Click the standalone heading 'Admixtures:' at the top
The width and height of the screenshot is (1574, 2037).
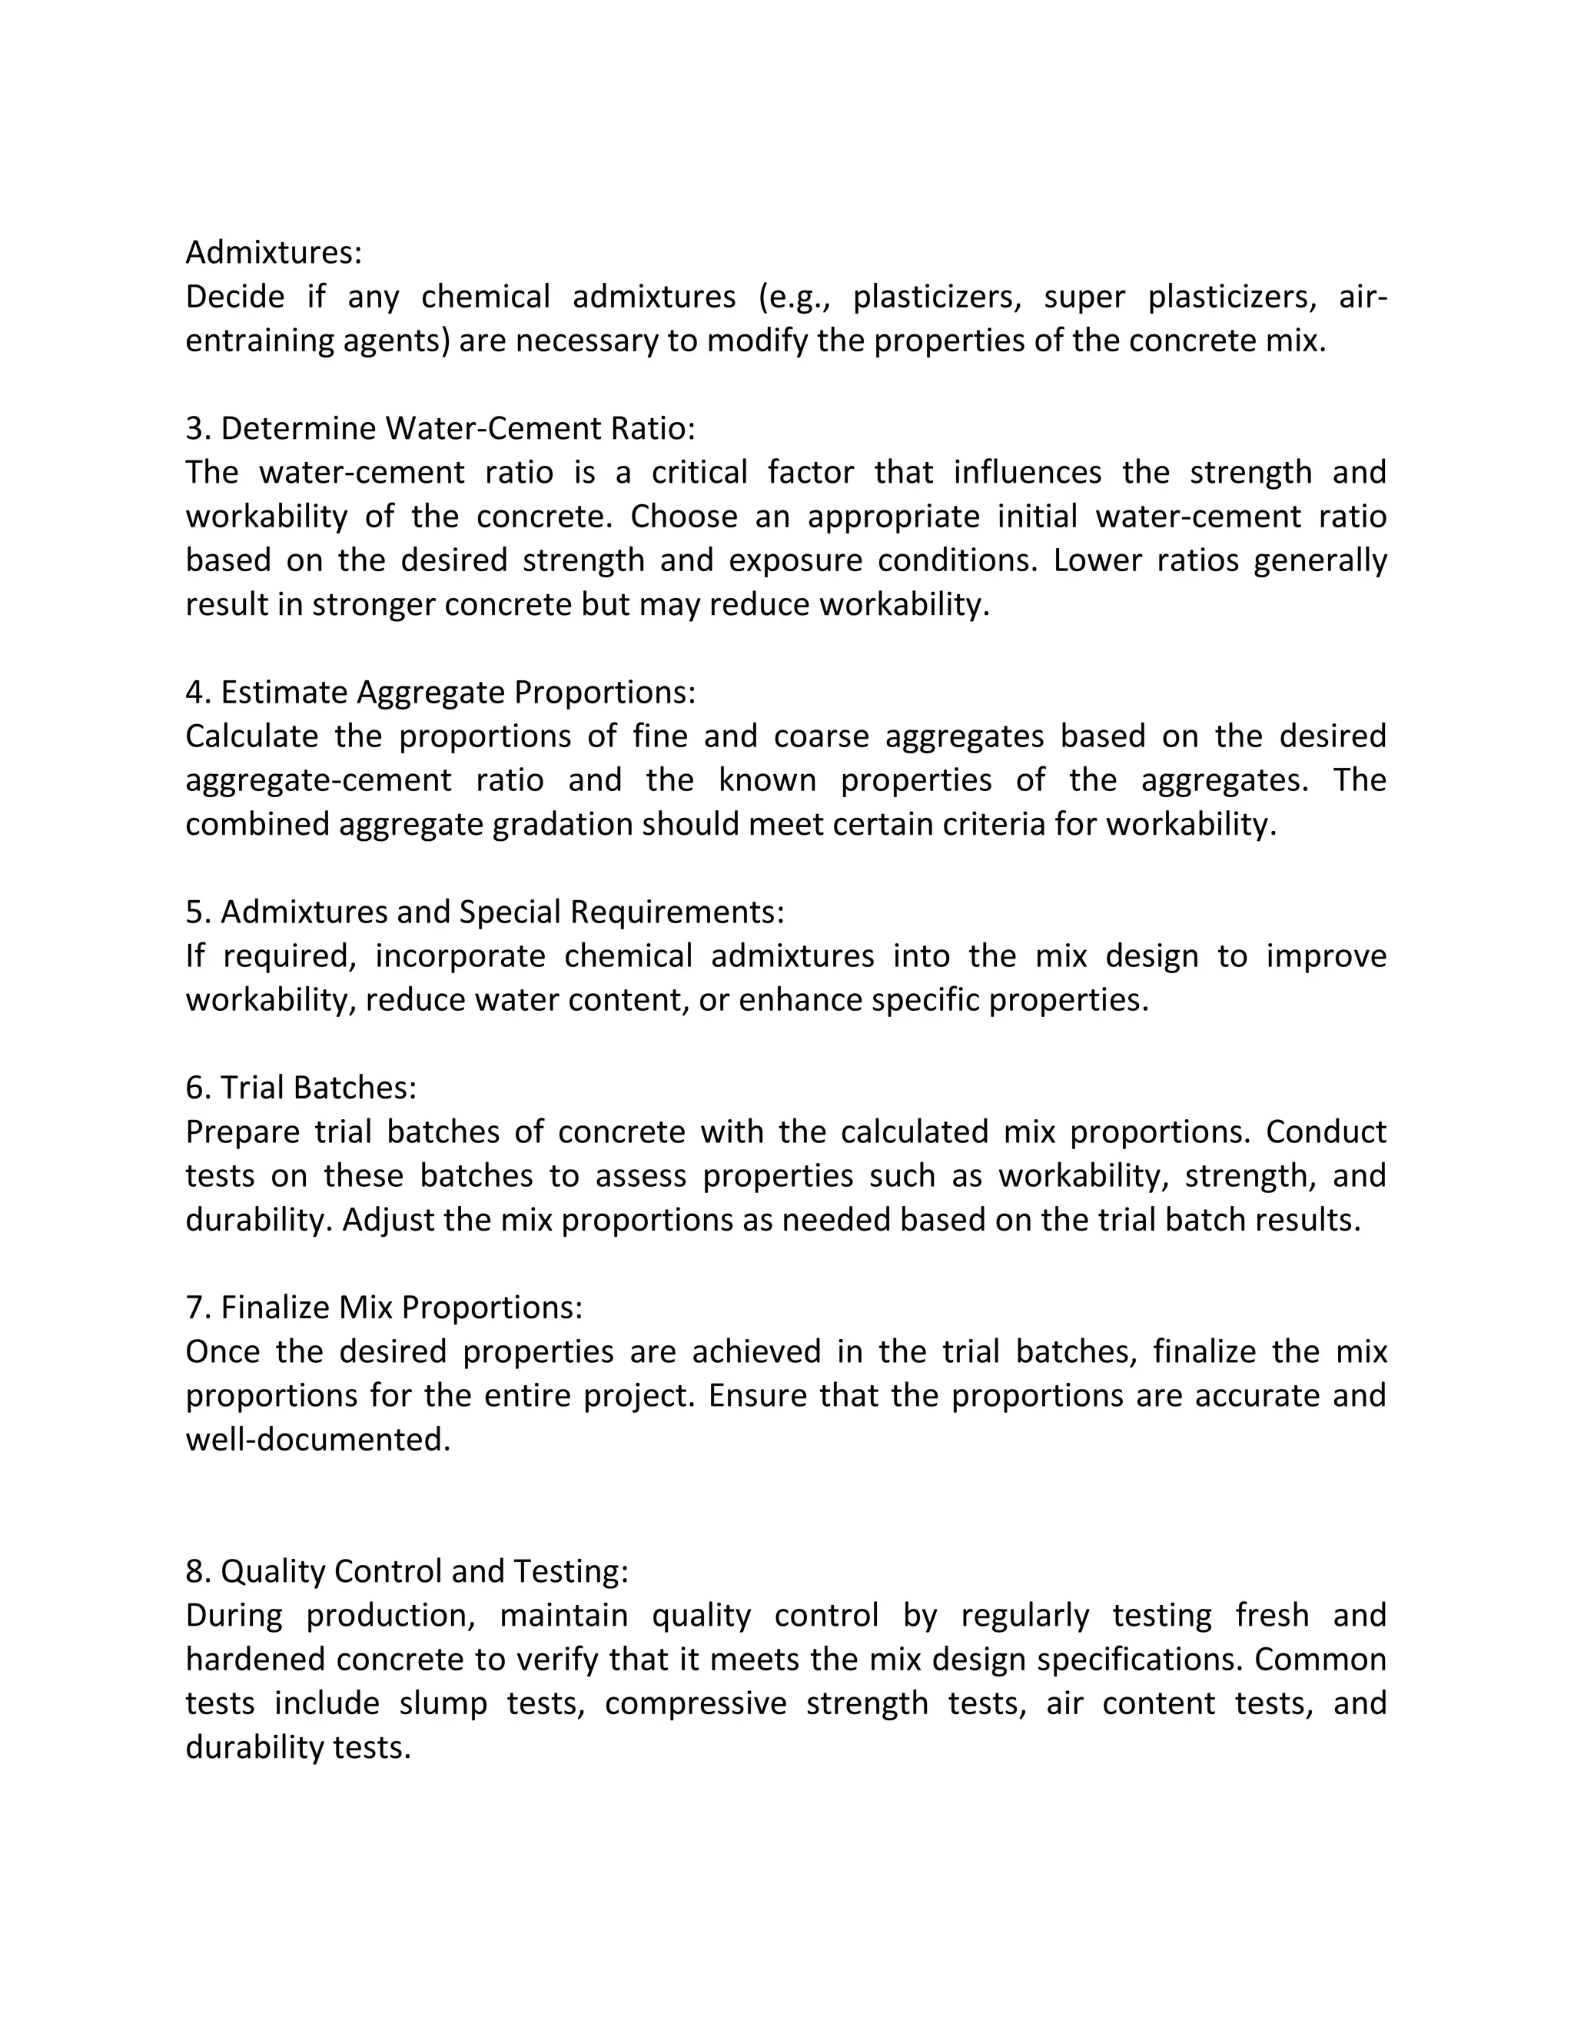point(273,252)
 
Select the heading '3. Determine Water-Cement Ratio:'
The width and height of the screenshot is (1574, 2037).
point(440,428)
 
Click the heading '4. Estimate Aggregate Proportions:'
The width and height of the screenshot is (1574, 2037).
point(440,692)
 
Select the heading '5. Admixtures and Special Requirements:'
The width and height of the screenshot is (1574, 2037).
point(485,911)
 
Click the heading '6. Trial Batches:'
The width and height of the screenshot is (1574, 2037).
point(301,1088)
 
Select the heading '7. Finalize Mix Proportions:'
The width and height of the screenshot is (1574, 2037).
point(384,1308)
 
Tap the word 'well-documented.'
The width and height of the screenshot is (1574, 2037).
point(318,1440)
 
